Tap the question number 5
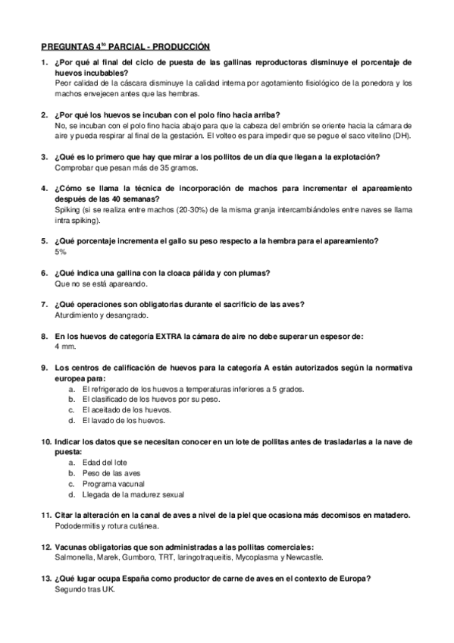(44, 240)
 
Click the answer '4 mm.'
(66, 347)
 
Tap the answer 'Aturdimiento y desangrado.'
(102, 315)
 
